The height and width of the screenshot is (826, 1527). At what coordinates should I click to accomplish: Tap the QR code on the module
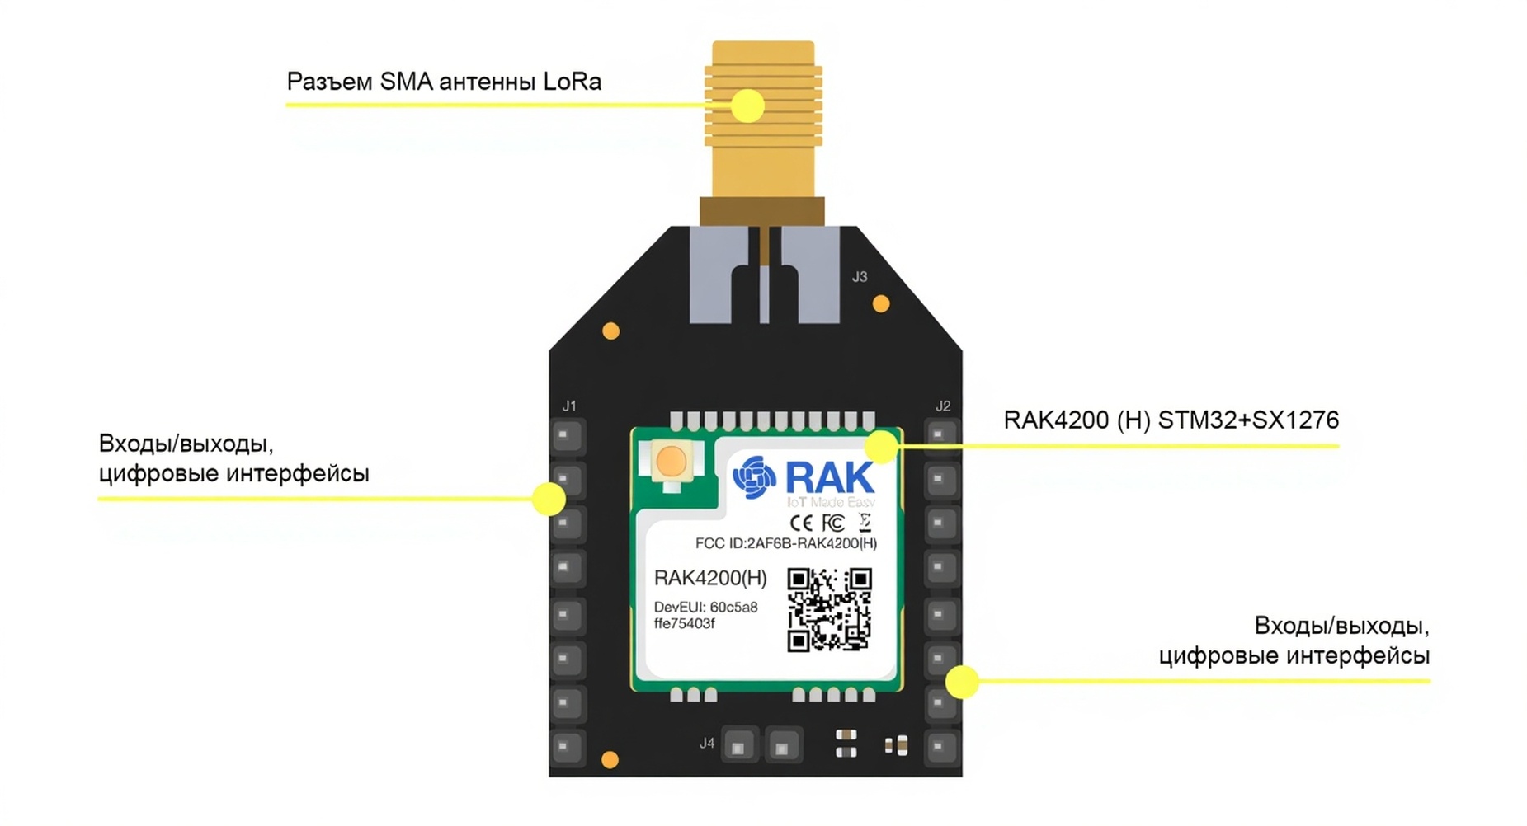828,609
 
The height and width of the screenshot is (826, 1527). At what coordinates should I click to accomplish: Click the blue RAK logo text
828,477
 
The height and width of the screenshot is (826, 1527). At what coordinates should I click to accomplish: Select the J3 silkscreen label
859,277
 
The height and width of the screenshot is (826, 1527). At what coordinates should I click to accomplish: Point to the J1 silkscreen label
568,406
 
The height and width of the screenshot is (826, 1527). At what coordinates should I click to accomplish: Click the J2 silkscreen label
942,406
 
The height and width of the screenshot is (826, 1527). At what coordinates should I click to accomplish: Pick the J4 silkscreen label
706,743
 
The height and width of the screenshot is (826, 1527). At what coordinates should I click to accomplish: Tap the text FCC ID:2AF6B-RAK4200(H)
785,543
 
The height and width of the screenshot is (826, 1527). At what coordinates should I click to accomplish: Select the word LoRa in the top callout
572,82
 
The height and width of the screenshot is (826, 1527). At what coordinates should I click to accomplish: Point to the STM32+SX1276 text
1248,420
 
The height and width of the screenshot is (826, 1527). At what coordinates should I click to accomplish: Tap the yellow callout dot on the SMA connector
747,106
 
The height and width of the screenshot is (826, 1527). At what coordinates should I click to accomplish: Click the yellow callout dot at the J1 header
549,499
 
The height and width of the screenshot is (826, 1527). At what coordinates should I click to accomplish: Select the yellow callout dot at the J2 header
962,682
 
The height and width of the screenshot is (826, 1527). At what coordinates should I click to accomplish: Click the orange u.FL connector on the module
671,462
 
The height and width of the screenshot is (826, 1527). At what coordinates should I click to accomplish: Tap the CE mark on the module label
800,523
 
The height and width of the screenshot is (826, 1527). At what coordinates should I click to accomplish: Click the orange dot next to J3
881,304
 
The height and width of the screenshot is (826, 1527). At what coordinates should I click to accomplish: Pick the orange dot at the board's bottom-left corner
610,760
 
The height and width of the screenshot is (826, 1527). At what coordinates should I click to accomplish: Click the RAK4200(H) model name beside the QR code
709,578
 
